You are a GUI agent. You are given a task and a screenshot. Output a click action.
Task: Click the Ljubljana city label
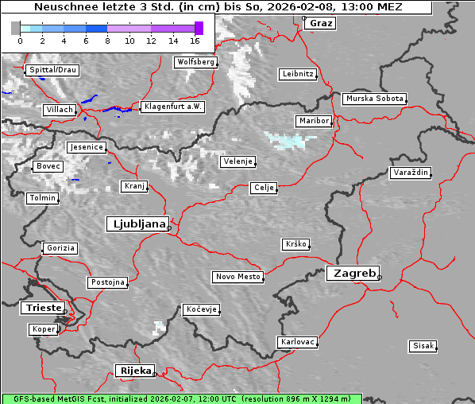tap(137, 224)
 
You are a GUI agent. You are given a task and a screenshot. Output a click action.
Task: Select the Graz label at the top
tap(321, 23)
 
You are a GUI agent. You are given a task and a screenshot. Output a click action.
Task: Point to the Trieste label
tap(41, 308)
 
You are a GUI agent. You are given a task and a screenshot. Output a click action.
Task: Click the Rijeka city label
tap(135, 371)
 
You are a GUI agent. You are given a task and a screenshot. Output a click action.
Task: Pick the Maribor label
tap(313, 121)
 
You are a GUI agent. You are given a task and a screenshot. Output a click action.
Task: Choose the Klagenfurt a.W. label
tap(172, 107)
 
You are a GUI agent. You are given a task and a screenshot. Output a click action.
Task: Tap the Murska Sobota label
tap(374, 99)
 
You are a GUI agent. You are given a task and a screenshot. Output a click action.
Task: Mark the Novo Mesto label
tap(237, 277)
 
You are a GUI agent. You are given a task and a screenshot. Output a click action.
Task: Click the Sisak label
tap(423, 346)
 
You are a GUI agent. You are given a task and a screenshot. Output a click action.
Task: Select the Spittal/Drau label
tap(52, 70)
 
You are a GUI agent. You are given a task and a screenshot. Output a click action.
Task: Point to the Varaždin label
tap(410, 173)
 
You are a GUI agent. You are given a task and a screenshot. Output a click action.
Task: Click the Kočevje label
tap(200, 309)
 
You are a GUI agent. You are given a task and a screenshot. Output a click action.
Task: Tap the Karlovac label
tap(298, 342)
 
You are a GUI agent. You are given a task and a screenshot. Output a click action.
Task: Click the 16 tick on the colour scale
tap(195, 40)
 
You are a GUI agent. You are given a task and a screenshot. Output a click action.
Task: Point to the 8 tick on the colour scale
tap(107, 40)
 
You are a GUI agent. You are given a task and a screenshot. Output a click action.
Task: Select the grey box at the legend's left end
tap(16, 28)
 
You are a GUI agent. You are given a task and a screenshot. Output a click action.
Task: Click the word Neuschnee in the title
tap(61, 7)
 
